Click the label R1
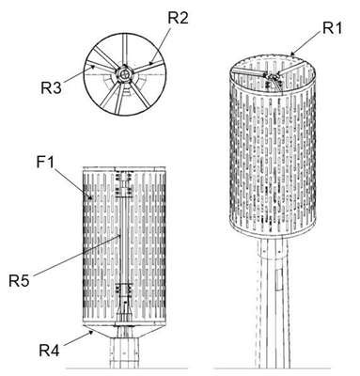click(x=332, y=28)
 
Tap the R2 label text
click(x=178, y=19)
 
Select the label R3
click(x=51, y=88)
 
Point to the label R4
click(x=49, y=350)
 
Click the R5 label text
click(x=19, y=280)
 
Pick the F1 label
click(x=45, y=163)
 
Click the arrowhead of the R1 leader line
click(x=293, y=55)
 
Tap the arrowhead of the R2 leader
click(x=151, y=62)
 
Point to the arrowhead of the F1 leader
click(x=90, y=197)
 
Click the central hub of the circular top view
click(x=125, y=74)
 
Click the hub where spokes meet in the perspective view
click(x=273, y=76)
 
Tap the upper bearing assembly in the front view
click(x=125, y=184)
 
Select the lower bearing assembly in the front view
click(x=125, y=292)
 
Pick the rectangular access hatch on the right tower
click(x=279, y=279)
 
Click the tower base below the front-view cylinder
click(x=125, y=352)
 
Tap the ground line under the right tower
click(x=272, y=368)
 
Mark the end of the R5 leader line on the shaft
click(x=119, y=235)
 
